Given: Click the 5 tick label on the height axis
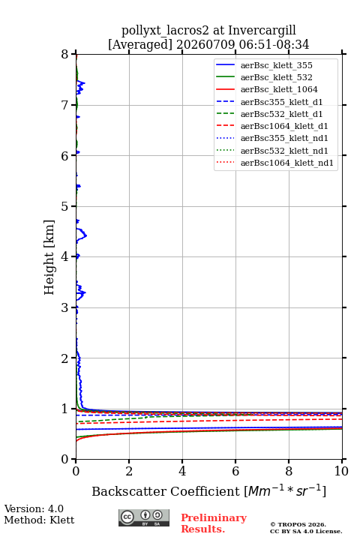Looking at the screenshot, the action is pos(65,206).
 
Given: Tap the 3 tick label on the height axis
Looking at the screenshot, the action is pos(65,307).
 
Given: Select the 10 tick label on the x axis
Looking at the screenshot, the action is pos(341,471).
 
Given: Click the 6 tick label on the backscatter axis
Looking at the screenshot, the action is pos(235,471).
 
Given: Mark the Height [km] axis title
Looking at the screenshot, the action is pos(49,257).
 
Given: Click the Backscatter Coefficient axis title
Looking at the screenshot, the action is pos(208,490).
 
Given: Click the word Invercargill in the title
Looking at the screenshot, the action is pos(262,31).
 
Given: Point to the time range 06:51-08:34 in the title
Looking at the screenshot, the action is pos(262,45).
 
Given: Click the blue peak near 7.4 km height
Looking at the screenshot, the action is pos(85,82).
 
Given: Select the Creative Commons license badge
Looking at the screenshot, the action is pos(144,517).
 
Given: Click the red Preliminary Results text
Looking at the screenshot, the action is pos(214,523).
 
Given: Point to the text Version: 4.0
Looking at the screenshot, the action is pos(34,508).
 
